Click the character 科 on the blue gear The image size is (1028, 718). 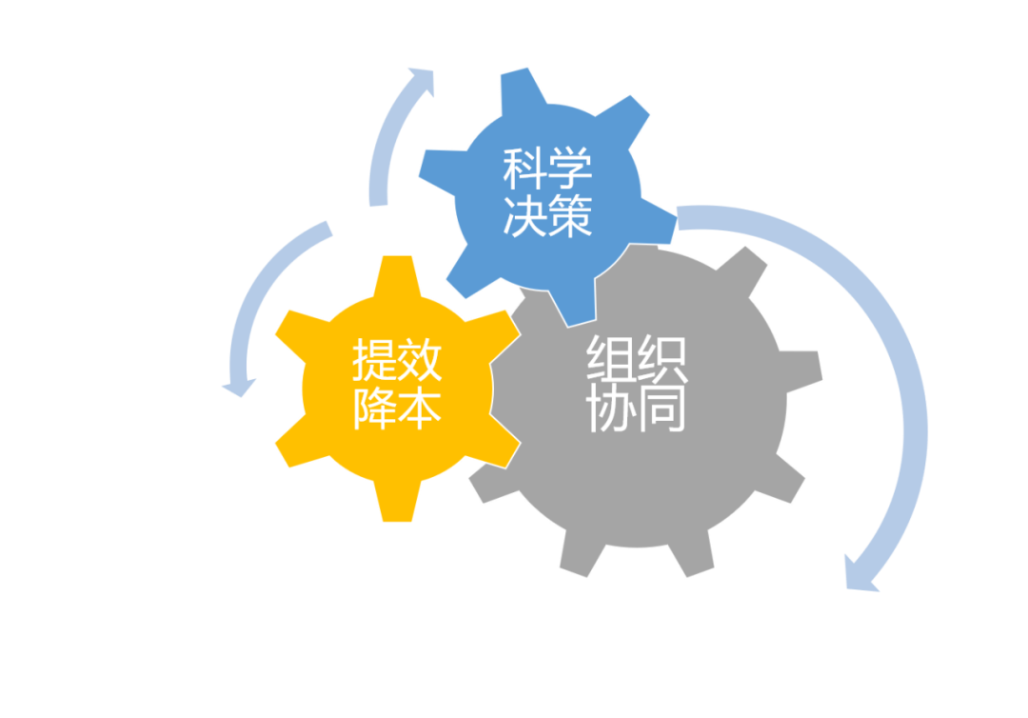tap(524, 171)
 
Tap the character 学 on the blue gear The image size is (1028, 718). tap(569, 171)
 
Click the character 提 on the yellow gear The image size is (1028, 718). tap(375, 363)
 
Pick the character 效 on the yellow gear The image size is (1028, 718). tap(419, 363)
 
